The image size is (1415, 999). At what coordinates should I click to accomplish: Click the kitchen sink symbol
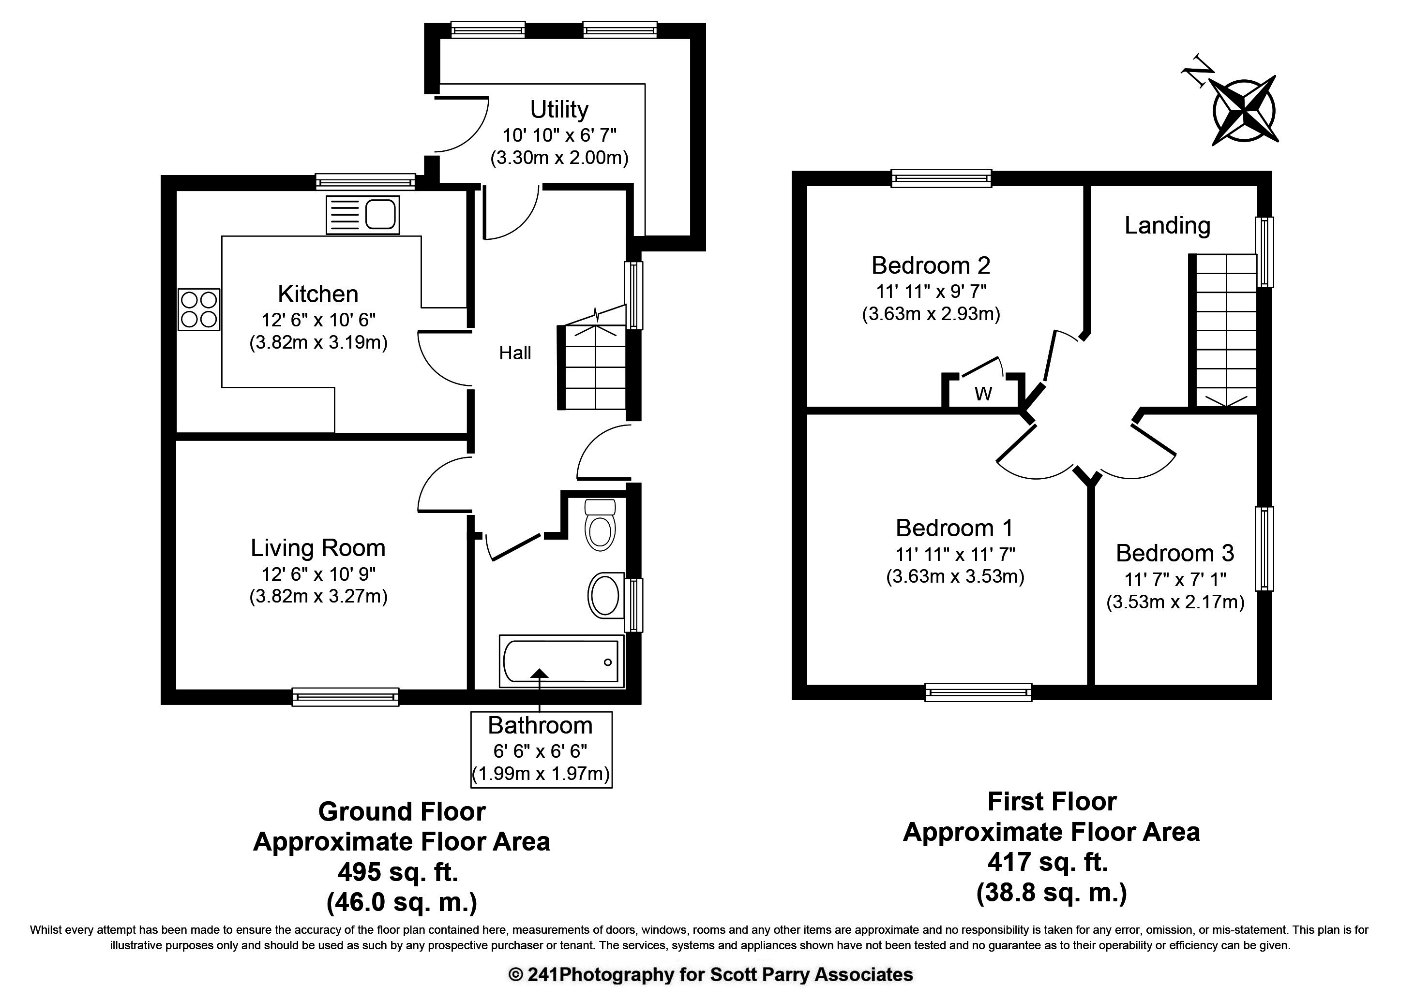pyautogui.click(x=362, y=215)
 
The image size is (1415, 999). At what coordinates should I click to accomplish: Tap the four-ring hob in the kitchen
pyautogui.click(x=199, y=310)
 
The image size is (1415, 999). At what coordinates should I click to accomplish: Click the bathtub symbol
pyautogui.click(x=561, y=661)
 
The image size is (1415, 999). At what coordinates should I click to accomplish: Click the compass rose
pyautogui.click(x=1244, y=112)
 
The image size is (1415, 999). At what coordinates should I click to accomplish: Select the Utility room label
pyautogui.click(x=559, y=110)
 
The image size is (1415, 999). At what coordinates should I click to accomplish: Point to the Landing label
pyautogui.click(x=1167, y=225)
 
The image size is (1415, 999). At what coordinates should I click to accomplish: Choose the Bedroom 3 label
pyautogui.click(x=1174, y=553)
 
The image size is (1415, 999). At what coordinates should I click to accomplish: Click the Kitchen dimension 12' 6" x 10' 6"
pyautogui.click(x=318, y=320)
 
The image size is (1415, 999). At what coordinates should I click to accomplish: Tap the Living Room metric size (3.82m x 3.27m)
pyautogui.click(x=318, y=596)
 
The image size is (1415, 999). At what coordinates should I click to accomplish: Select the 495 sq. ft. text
pyautogui.click(x=398, y=872)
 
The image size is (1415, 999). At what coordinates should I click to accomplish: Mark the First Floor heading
pyautogui.click(x=1052, y=801)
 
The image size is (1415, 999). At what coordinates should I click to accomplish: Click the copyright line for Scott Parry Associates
pyautogui.click(x=710, y=974)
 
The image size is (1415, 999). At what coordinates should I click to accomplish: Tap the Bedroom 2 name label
pyautogui.click(x=931, y=265)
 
